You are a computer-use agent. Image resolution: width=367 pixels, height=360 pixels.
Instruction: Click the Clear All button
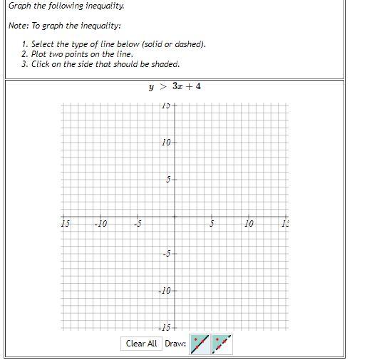pos(141,344)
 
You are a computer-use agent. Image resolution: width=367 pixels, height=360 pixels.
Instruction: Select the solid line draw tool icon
pos(200,344)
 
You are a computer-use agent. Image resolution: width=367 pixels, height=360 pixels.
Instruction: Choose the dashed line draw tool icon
pos(222,344)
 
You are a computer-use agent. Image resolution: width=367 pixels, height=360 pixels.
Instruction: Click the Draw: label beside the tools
pos(175,344)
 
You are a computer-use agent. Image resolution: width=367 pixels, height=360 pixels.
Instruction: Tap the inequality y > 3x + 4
pos(175,87)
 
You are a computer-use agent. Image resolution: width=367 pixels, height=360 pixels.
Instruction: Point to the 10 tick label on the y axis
pos(166,143)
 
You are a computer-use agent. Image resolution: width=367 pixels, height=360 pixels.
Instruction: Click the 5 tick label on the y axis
pos(168,180)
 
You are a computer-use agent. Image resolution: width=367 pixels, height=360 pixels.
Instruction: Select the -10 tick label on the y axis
pos(165,291)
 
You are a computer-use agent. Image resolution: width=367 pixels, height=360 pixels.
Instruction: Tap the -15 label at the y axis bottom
pos(165,327)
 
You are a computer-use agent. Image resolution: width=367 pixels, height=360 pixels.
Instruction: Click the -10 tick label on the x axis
pos(100,224)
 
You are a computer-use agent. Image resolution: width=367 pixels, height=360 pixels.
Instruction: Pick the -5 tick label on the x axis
pos(138,224)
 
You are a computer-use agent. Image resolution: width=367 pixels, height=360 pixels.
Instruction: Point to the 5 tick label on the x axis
pos(212,224)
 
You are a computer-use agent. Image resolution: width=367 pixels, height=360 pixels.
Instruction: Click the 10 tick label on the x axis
pos(249,224)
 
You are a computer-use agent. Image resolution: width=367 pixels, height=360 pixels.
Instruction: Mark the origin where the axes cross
pos(175,217)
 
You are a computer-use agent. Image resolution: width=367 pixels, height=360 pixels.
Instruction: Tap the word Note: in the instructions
pos(19,26)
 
